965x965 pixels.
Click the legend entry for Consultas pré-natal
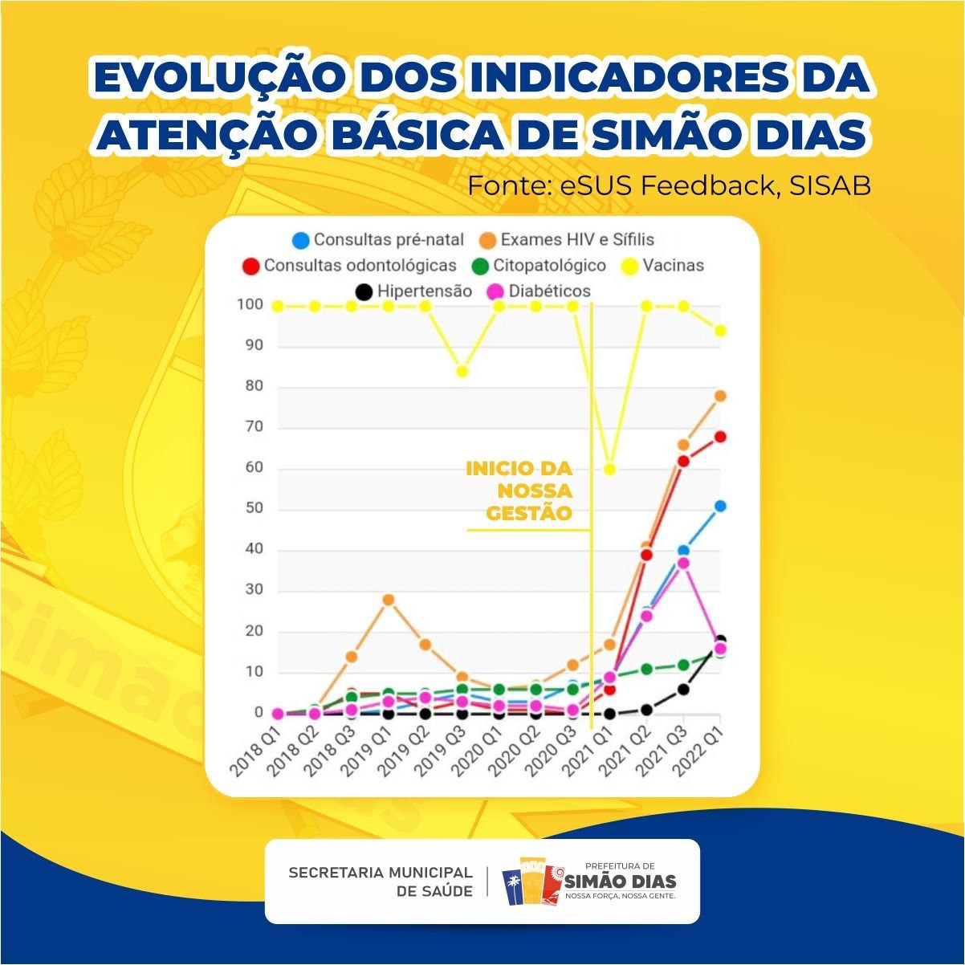[379, 239]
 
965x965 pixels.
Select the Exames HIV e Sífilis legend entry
[567, 239]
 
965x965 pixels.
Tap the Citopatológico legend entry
[539, 265]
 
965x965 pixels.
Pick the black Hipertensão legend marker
[364, 291]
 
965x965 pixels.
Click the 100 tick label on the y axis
[250, 305]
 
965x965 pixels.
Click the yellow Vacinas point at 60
[609, 469]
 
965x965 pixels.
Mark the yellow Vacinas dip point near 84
[462, 371]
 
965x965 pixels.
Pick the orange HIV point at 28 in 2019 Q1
[389, 600]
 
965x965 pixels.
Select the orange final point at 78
[720, 396]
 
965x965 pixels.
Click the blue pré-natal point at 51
[720, 506]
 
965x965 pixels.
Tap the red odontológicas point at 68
[720, 437]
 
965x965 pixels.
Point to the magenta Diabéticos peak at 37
[683, 563]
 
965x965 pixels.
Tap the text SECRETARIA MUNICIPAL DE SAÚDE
[381, 882]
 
